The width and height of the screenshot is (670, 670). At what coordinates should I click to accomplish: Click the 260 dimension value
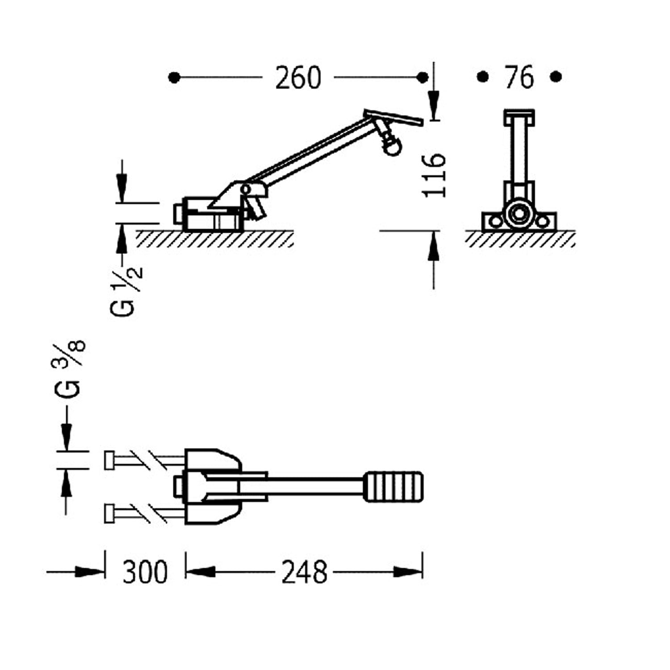tap(298, 78)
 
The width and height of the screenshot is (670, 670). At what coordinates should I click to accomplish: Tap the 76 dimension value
tap(519, 77)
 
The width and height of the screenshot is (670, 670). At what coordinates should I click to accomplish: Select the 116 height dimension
tap(434, 175)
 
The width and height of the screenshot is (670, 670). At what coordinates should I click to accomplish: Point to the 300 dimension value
tap(145, 572)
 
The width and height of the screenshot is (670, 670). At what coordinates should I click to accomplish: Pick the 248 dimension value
tap(304, 572)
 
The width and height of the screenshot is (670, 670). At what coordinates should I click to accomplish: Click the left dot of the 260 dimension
tap(174, 78)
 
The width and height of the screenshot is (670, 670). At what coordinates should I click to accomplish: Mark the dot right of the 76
tap(556, 77)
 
